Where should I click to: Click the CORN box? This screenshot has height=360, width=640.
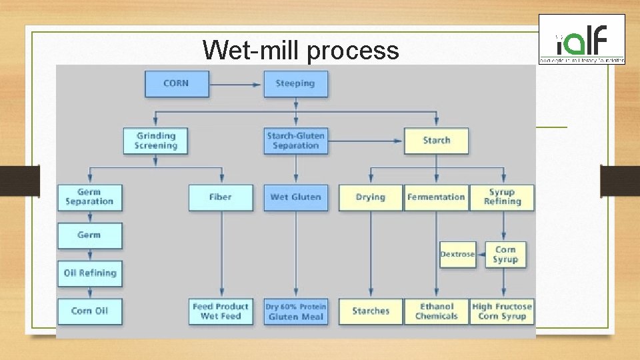[176, 84]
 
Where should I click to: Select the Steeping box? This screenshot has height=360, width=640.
[295, 84]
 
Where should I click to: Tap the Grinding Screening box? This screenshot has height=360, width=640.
[156, 141]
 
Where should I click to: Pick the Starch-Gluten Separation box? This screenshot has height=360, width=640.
[295, 141]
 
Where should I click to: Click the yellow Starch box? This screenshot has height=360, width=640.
[436, 141]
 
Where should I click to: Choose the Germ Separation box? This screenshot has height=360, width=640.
[89, 197]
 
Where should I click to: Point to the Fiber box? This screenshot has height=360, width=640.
[221, 197]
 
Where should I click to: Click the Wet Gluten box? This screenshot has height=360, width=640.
[295, 197]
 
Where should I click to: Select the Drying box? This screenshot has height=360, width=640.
[370, 197]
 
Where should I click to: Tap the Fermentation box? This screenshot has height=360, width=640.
[436, 197]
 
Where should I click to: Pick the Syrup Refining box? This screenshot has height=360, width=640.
[502, 197]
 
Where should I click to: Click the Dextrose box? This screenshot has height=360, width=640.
[457, 255]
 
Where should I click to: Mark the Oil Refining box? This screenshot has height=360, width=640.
[89, 273]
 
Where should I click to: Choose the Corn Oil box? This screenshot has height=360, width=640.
[89, 311]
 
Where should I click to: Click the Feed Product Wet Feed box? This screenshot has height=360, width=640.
[221, 311]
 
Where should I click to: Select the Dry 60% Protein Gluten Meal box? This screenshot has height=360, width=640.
[295, 311]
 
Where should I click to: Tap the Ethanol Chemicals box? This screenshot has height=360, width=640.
[436, 311]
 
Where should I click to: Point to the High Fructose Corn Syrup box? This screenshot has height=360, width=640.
[502, 311]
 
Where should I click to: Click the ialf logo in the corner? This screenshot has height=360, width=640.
[582, 40]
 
